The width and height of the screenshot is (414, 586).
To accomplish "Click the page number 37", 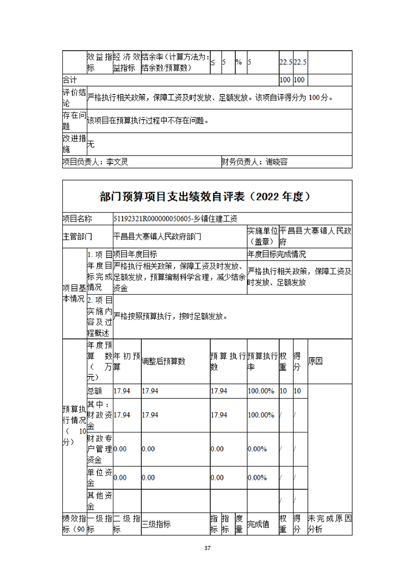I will click(207, 548).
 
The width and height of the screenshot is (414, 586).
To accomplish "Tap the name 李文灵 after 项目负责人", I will click(117, 162).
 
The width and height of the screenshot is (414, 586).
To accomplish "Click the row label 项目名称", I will click(77, 219).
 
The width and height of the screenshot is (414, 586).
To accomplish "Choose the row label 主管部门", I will click(77, 236).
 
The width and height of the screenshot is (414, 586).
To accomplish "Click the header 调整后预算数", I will click(164, 361).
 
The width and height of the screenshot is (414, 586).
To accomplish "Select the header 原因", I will click(316, 361).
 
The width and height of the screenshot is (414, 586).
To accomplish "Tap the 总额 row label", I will click(95, 391).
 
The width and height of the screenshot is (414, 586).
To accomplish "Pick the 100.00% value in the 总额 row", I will click(261, 391).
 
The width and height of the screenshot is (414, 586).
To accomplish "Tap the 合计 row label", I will click(70, 80).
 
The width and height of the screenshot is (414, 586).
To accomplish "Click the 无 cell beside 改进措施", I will click(90, 144).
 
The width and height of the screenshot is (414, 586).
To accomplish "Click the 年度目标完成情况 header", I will click(277, 254).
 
